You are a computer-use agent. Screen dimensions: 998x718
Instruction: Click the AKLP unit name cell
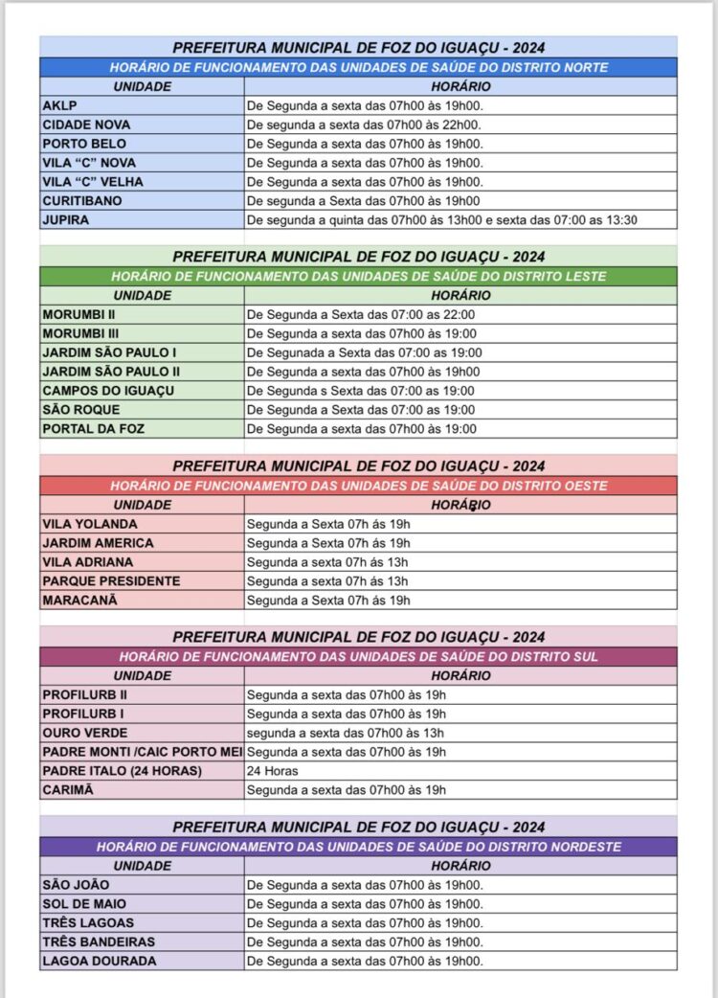point(142,105)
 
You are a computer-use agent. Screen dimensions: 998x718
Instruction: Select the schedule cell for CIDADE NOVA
point(460,125)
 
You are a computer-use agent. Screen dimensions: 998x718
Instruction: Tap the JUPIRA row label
point(142,220)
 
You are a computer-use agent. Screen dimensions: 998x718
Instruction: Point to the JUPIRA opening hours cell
point(460,220)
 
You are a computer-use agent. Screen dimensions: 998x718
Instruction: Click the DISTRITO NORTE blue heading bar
point(358,68)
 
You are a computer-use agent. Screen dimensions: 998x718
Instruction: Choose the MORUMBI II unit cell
point(142,314)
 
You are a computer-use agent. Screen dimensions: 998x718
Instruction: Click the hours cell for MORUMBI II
point(460,314)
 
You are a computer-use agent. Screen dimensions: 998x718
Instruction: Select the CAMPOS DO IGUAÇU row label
point(142,391)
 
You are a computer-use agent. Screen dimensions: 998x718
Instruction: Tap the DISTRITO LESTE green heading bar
point(358,276)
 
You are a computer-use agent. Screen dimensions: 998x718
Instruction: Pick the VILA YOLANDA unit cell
point(142,524)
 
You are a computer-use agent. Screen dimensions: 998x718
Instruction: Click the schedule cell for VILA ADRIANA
point(460,562)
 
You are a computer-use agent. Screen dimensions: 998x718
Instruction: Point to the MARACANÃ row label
point(142,601)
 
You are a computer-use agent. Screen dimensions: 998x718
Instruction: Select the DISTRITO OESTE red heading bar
point(358,486)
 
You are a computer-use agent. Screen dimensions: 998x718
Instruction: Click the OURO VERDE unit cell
point(142,733)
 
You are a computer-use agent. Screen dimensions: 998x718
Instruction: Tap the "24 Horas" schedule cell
point(460,771)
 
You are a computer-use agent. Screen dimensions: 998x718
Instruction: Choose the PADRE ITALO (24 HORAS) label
point(142,771)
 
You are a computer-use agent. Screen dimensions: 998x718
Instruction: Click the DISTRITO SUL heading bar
point(358,656)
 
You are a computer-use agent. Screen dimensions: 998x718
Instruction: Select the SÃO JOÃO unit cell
point(142,885)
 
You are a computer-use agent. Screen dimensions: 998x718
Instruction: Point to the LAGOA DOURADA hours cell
point(460,961)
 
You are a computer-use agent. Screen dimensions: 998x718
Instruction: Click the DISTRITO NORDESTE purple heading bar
point(358,847)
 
